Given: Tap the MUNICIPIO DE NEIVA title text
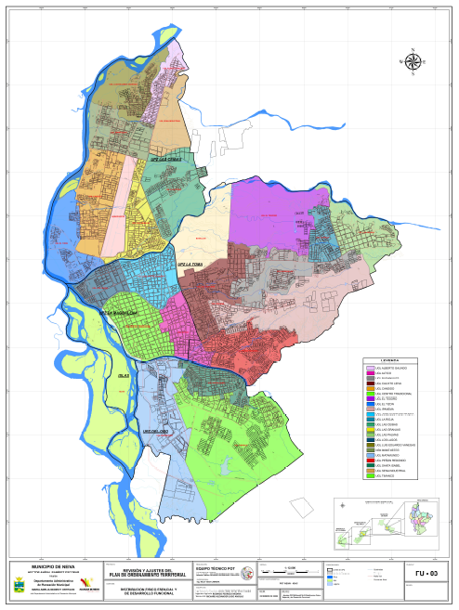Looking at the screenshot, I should [53, 565].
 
